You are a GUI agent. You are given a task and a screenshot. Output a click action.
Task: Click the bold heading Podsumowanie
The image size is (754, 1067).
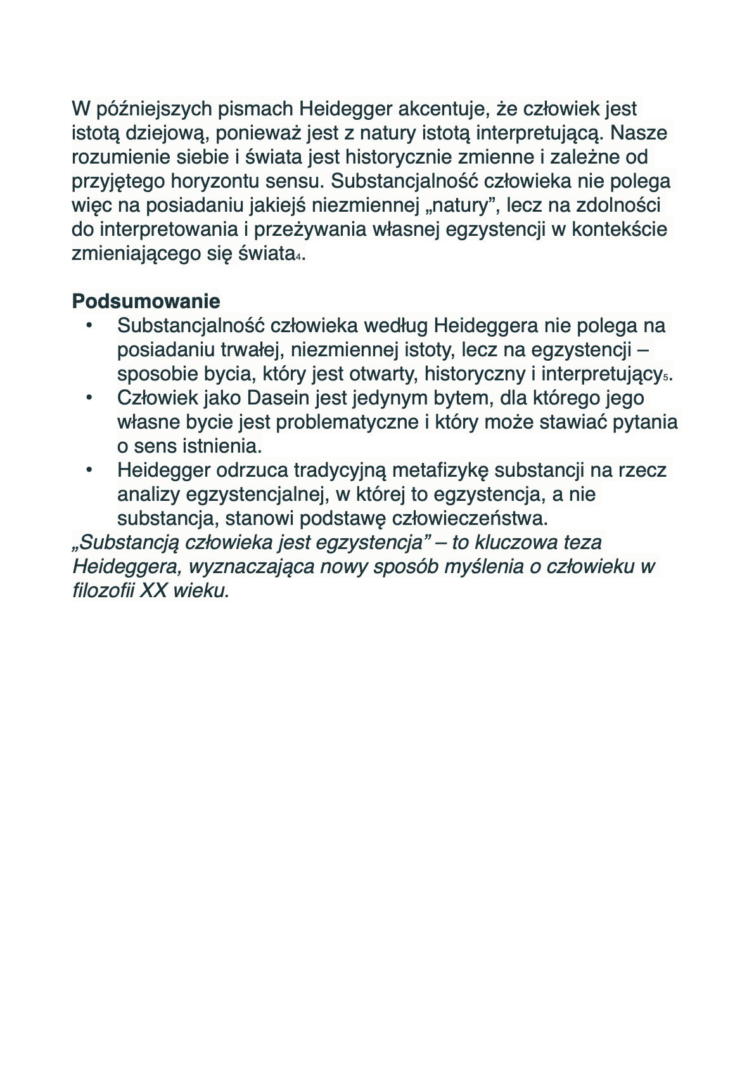point(146,301)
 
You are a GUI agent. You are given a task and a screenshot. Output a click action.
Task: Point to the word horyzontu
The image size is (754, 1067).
point(213,181)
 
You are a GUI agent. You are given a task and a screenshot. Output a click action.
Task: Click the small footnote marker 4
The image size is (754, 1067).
point(298,257)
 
